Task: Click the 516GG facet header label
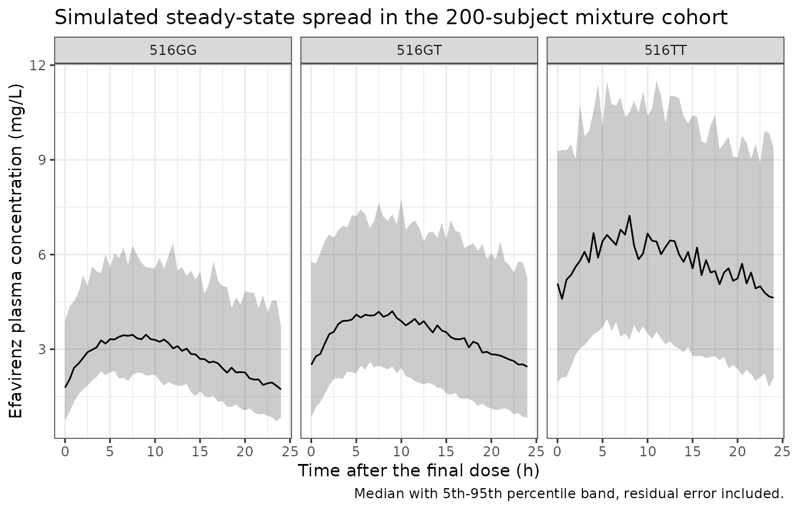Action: tap(173, 50)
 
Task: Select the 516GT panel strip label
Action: tap(419, 50)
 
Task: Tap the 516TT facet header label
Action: tap(666, 50)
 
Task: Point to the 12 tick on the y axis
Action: tap(38, 65)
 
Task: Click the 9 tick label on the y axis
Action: tap(42, 160)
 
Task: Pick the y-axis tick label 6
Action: tap(42, 254)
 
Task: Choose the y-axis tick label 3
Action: tap(42, 349)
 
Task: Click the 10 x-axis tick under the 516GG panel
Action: tap(155, 452)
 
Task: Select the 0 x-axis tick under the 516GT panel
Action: tap(311, 452)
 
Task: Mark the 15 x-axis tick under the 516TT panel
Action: tap(693, 452)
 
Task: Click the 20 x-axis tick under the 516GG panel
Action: tap(245, 452)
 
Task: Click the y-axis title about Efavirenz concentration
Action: tap(15, 251)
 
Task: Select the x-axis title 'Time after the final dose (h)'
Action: tap(419, 471)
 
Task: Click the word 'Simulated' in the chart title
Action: tap(106, 17)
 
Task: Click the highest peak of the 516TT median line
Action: tap(630, 215)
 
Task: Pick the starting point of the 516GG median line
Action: tap(65, 387)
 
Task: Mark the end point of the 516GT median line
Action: tap(527, 367)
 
